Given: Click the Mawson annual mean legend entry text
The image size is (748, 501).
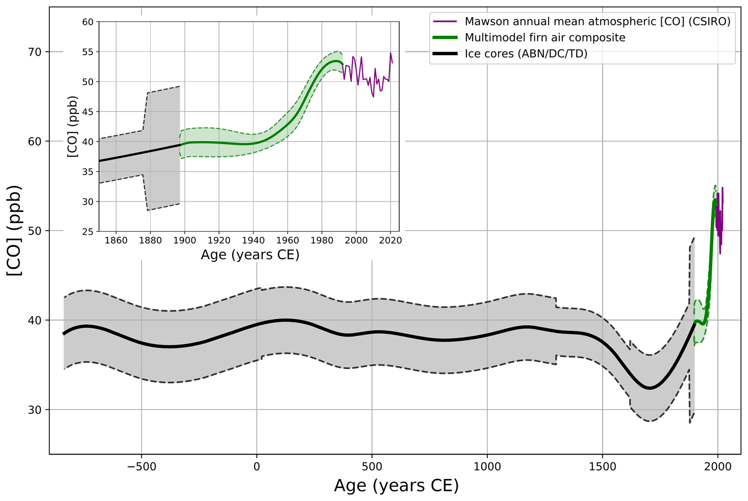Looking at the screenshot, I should (x=597, y=22).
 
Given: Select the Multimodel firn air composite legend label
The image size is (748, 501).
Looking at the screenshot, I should (x=545, y=38).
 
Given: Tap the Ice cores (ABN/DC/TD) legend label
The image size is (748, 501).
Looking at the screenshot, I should (x=526, y=54).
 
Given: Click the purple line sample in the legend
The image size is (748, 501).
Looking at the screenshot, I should (x=445, y=22).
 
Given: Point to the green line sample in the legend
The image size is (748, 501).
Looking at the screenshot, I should (x=445, y=38).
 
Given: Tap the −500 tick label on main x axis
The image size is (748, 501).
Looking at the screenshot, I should (x=141, y=467).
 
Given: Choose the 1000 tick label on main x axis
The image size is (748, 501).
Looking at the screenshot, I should (x=487, y=467).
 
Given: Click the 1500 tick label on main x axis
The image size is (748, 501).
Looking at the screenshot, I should (x=602, y=467).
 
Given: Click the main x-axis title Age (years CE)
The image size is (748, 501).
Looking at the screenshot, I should (x=396, y=486).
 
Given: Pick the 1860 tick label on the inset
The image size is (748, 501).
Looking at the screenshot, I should (x=116, y=241).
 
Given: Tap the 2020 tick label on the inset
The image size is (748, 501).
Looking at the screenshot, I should (x=390, y=241).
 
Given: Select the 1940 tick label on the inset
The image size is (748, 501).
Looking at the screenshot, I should (x=253, y=241).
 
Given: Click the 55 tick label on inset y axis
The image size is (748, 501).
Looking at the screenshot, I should (x=88, y=52).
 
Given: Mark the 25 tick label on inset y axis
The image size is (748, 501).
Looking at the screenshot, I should (x=88, y=231).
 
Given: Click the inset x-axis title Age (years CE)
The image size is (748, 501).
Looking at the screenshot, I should (x=250, y=255).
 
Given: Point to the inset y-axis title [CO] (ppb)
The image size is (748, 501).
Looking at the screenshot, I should (x=73, y=126).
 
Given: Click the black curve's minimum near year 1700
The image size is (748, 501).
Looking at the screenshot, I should (x=650, y=388).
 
